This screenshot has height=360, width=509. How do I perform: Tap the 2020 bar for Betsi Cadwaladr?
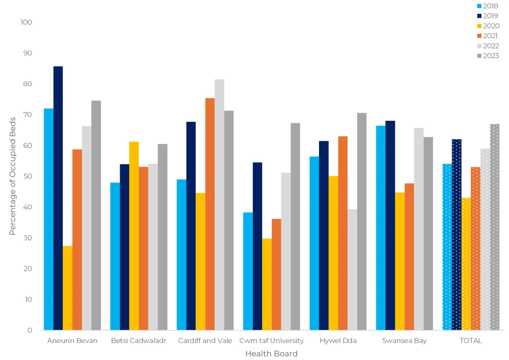point(134,236)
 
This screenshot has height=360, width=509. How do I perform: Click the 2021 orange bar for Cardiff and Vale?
point(210,214)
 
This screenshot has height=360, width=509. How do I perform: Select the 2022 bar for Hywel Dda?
point(352,270)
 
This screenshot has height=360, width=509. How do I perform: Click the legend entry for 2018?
point(488,6)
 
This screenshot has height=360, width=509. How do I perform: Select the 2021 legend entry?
point(488,36)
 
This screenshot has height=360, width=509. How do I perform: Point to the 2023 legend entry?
point(488,56)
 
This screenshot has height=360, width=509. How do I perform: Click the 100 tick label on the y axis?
point(26,22)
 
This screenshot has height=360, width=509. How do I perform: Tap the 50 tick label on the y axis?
point(28,176)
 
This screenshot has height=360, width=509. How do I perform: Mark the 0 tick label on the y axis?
point(30,330)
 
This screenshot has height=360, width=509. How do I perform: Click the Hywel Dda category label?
point(338,340)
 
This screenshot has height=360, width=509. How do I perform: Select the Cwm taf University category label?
point(271,340)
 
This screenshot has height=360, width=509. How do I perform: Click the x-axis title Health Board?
point(271,354)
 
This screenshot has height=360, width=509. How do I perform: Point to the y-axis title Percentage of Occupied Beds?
point(12,176)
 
